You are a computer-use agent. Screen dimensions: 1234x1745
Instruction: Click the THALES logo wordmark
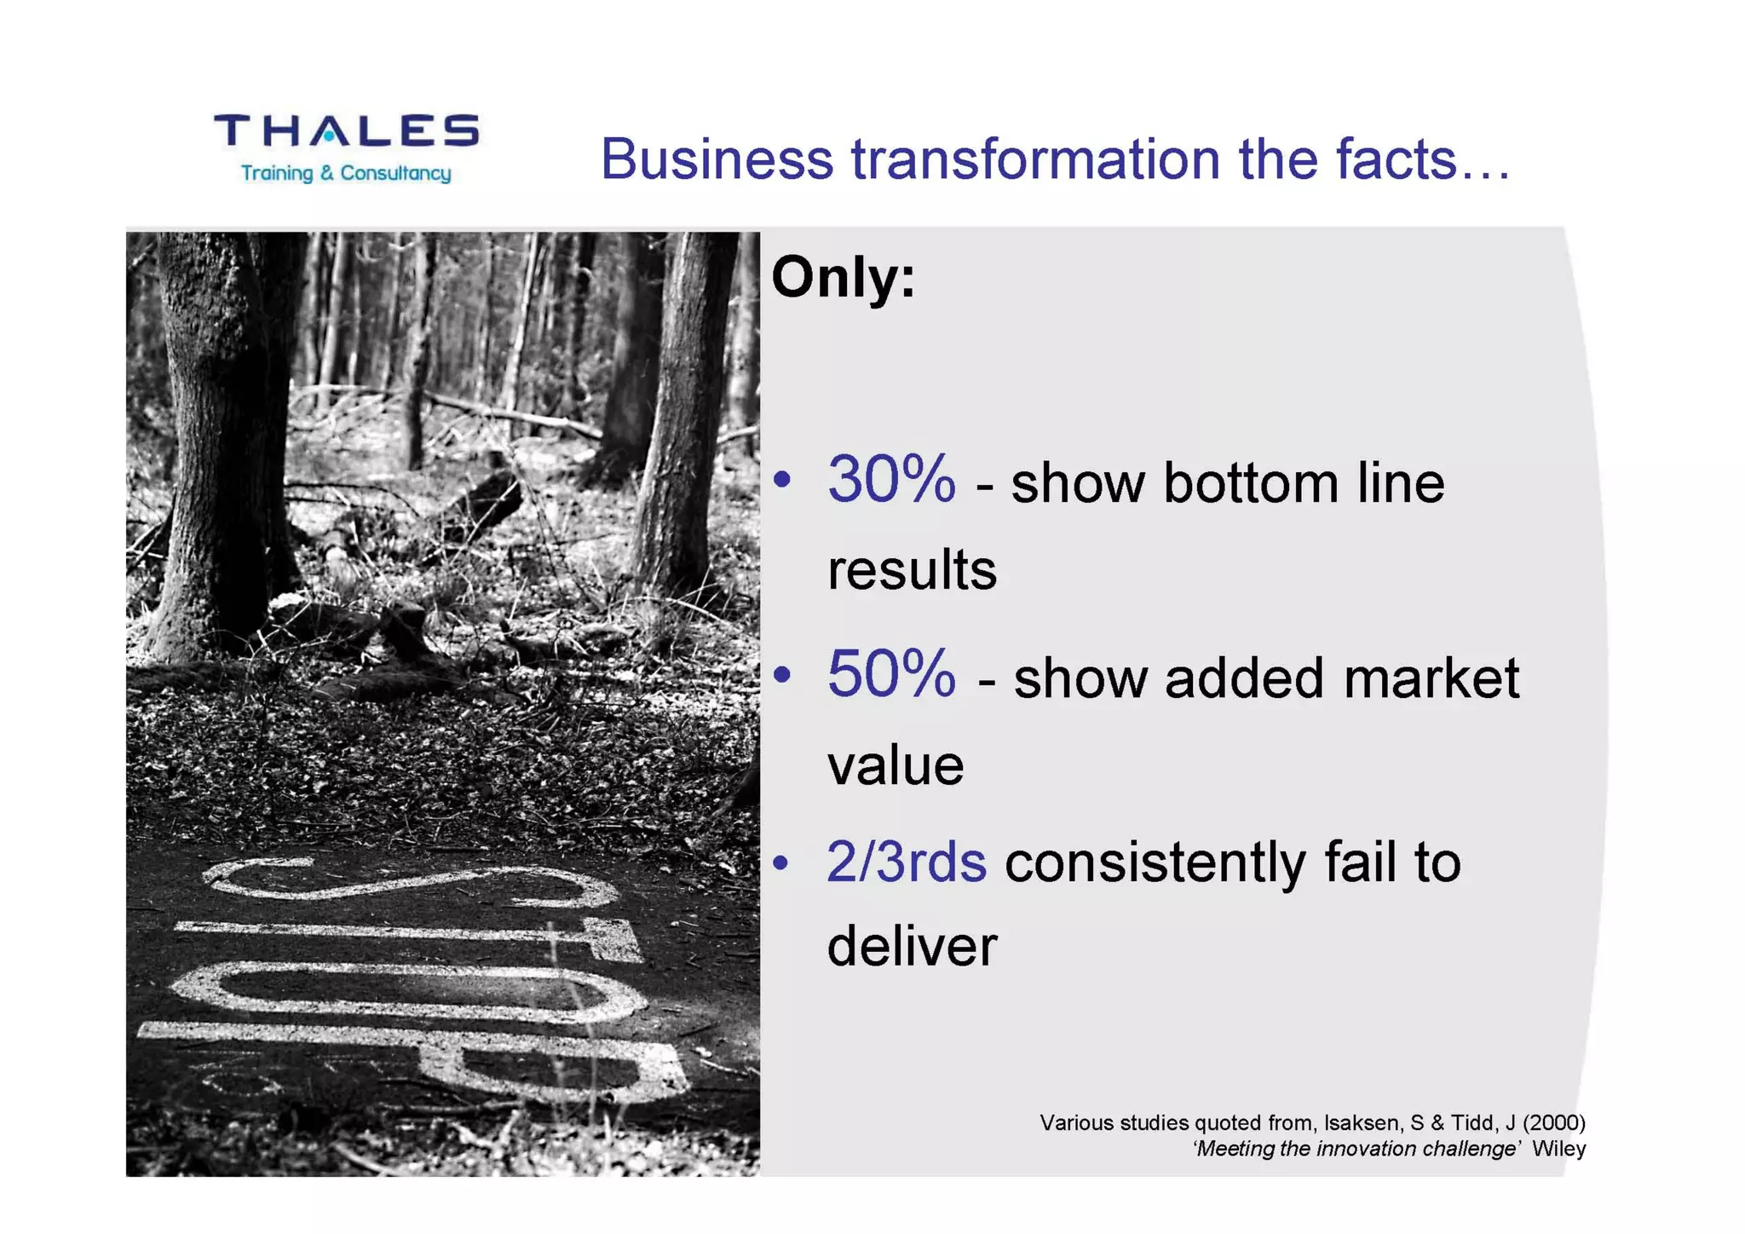[x=346, y=131]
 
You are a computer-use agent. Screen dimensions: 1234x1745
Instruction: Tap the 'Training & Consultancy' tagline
[x=346, y=174]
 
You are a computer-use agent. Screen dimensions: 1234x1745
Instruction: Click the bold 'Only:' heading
[x=843, y=278]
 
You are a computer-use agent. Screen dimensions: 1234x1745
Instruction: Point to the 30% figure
[x=891, y=480]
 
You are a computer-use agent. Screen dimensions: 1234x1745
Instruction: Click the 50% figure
[x=891, y=674]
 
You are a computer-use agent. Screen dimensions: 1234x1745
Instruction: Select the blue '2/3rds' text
[x=907, y=862]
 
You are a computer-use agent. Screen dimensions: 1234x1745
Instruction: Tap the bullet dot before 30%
[x=782, y=480]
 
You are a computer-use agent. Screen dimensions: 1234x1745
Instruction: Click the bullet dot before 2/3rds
[x=782, y=863]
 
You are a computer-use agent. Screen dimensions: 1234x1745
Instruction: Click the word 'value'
[x=896, y=765]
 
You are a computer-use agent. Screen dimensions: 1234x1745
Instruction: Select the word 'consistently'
[x=1155, y=862]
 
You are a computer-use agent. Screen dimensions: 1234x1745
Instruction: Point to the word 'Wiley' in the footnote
[x=1558, y=1149]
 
